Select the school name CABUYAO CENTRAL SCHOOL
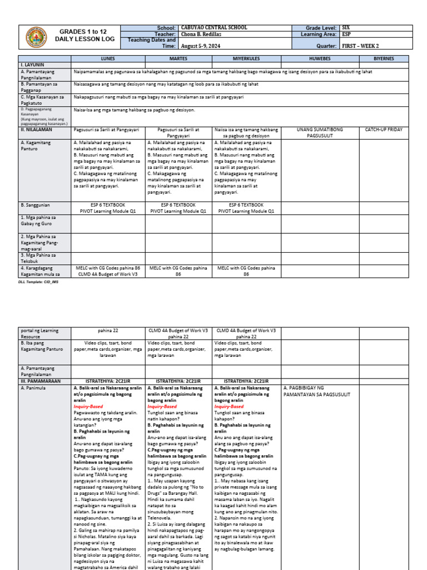[211, 27]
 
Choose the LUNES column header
[108, 58]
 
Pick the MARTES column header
[178, 58]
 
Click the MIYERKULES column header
[246, 58]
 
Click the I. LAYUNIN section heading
[32, 65]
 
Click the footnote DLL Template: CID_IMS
[38, 282]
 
